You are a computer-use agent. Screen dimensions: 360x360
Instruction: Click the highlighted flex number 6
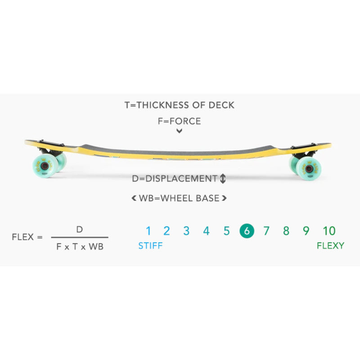point(247,231)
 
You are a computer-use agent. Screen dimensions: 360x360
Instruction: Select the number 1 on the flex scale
point(148,231)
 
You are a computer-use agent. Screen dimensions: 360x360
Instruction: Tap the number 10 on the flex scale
point(329,231)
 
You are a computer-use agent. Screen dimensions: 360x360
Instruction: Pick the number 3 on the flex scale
point(186,231)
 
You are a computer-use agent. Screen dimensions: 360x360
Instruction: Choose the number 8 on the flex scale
point(286,231)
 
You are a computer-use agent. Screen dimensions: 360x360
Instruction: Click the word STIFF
point(150,246)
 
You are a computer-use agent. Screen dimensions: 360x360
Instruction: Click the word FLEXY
point(330,246)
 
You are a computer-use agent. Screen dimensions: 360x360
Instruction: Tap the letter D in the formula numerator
point(79,229)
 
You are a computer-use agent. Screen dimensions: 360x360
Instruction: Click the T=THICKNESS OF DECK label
point(180,105)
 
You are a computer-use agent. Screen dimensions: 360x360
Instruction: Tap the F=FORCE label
point(180,121)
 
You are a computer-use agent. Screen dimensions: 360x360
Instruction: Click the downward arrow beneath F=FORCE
point(180,131)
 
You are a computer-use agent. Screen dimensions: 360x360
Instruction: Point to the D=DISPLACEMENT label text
point(175,179)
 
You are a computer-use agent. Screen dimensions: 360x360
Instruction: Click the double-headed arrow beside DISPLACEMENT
point(223,179)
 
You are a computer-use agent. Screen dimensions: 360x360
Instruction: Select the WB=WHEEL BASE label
point(180,198)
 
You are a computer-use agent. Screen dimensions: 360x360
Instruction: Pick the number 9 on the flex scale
point(306,231)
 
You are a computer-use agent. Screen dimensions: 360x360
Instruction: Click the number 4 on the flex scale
point(206,231)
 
